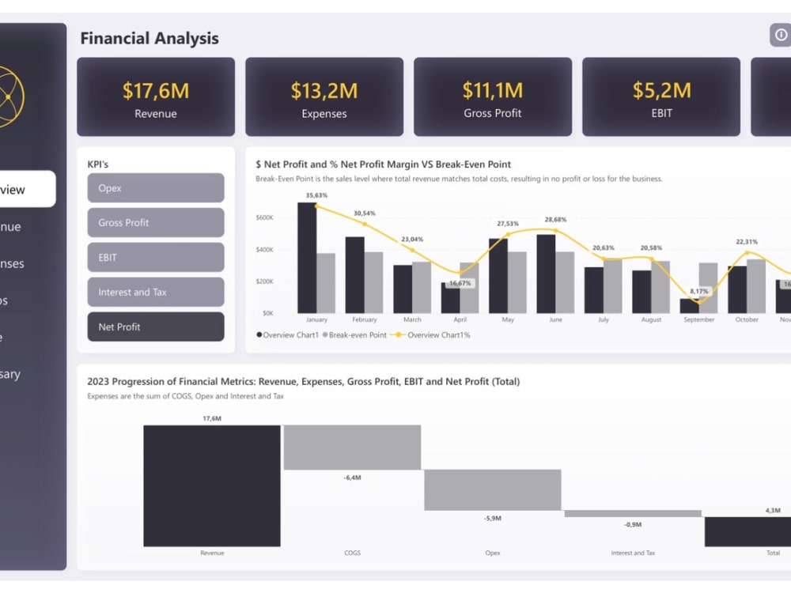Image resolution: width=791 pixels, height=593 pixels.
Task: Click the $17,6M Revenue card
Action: pyautogui.click(x=156, y=97)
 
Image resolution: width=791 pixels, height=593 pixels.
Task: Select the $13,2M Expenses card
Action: pyautogui.click(x=324, y=97)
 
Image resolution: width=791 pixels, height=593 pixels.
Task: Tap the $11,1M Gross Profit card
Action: pyautogui.click(x=493, y=97)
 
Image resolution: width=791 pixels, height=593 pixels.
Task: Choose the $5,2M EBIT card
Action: pyautogui.click(x=661, y=97)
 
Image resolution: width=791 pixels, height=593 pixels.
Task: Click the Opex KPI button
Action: pyautogui.click(x=156, y=188)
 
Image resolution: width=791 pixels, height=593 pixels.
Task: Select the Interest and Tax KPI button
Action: pyautogui.click(x=156, y=292)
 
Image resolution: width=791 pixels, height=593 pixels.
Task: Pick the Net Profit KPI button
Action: pyautogui.click(x=156, y=327)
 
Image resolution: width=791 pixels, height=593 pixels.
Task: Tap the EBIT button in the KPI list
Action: pyautogui.click(x=156, y=257)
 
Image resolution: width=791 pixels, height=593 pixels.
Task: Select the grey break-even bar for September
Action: pyautogui.click(x=709, y=288)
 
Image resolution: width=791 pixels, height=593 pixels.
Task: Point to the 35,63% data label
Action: pyautogui.click(x=316, y=195)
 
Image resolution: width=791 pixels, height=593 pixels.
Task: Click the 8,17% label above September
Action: pyautogui.click(x=698, y=291)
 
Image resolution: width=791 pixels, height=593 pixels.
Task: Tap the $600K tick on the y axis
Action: pyautogui.click(x=265, y=217)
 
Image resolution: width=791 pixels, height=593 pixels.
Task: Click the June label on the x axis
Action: pyautogui.click(x=554, y=320)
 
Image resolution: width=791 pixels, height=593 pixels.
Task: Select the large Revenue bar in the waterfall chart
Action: pyautogui.click(x=212, y=485)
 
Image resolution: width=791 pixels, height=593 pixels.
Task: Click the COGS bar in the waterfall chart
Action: pyautogui.click(x=352, y=448)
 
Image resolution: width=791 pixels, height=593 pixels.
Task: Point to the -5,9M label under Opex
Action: pyautogui.click(x=492, y=519)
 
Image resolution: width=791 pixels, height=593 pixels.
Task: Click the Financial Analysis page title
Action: pyautogui.click(x=149, y=38)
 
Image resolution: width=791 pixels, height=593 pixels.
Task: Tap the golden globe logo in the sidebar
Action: pyautogui.click(x=8, y=97)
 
